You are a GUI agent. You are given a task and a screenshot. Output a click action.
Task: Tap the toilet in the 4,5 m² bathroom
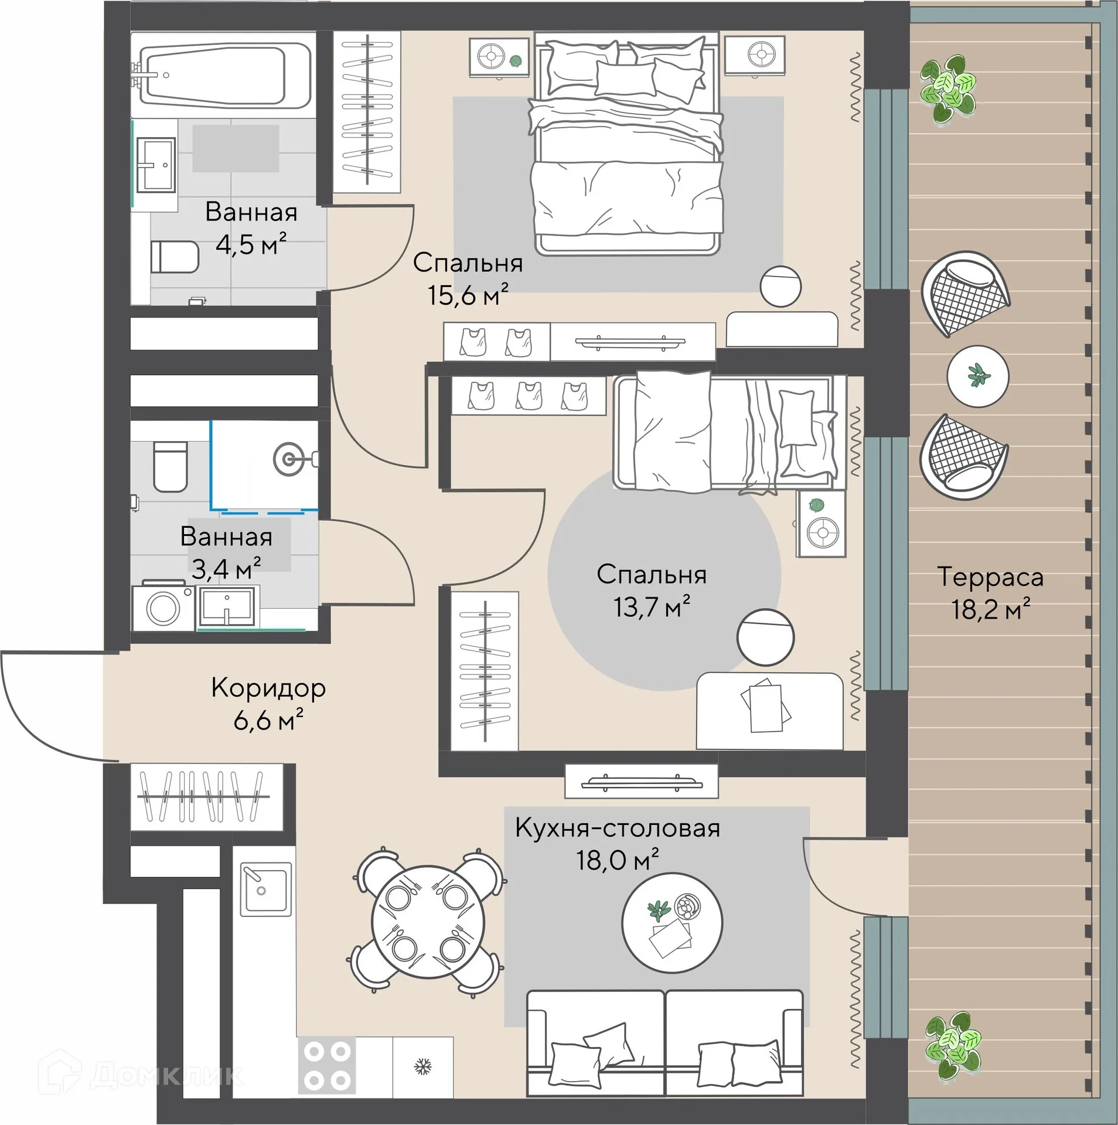(175, 256)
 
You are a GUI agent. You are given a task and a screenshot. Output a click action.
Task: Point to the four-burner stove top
(327, 1065)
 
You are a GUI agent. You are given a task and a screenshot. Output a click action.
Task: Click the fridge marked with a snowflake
(422, 1065)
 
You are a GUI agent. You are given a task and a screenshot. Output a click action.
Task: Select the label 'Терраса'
(990, 577)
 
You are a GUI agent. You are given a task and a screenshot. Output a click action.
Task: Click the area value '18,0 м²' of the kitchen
(617, 860)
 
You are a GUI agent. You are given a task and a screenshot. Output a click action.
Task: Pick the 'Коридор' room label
(268, 688)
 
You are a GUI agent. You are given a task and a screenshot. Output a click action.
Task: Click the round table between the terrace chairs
(977, 376)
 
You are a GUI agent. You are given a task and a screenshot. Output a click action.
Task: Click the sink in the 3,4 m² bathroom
(227, 607)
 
